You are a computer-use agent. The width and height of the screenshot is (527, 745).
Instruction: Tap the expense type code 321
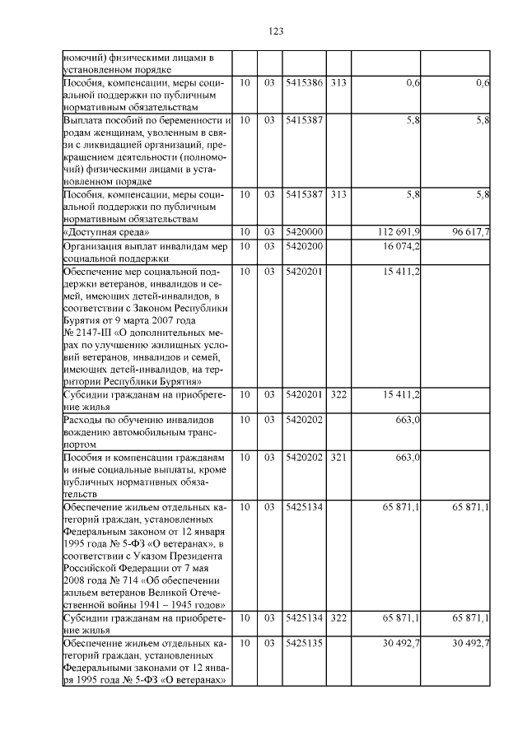coord(338,457)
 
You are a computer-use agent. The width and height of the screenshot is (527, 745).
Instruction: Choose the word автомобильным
coord(147,432)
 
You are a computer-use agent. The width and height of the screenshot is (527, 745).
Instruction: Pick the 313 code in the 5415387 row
coord(338,194)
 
